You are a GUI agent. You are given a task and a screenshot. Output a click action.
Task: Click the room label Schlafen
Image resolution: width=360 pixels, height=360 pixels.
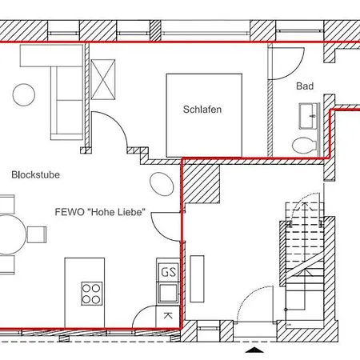pos(202,110)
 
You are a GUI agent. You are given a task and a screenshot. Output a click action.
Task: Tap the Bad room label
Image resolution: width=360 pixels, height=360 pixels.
pos(305,86)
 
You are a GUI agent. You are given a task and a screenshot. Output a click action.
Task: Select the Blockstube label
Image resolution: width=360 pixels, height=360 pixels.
pos(35,174)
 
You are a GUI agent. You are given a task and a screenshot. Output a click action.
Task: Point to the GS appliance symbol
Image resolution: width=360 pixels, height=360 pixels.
pos(168,272)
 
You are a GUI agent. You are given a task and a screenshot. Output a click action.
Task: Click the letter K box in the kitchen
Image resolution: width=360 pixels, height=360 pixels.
pos(167,316)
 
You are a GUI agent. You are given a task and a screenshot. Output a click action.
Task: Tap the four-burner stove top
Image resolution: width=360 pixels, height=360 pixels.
pos(91,294)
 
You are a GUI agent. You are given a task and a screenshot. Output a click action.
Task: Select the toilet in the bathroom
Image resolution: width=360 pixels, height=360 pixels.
pos(304,146)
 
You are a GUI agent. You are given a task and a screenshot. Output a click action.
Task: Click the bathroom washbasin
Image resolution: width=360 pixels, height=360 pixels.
pos(308,116)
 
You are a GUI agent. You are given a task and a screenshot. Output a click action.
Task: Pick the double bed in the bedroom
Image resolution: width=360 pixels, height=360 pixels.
pos(204,115)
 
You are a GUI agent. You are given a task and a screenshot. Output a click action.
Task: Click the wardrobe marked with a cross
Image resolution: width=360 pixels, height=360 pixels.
pos(103,79)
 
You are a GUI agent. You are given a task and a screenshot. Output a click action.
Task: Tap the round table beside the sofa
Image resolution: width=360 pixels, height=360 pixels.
pos(24,94)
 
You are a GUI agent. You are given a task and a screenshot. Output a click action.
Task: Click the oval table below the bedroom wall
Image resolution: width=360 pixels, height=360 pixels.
pos(162,184)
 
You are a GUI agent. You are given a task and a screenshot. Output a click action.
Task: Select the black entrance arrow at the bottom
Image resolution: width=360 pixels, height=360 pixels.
pos(254,350)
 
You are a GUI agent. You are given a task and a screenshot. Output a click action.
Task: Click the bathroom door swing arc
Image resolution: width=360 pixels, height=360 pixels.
pos(298,70)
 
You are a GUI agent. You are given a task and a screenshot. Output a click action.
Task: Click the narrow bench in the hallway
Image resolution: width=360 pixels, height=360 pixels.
pos(197,278)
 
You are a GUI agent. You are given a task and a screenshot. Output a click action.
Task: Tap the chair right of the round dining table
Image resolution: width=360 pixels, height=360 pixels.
pos(37,234)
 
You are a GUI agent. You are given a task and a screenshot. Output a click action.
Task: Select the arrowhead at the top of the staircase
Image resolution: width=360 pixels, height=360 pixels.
pos(305,205)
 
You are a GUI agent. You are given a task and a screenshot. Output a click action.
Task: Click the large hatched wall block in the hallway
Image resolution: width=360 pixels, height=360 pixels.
pos(202,184)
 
